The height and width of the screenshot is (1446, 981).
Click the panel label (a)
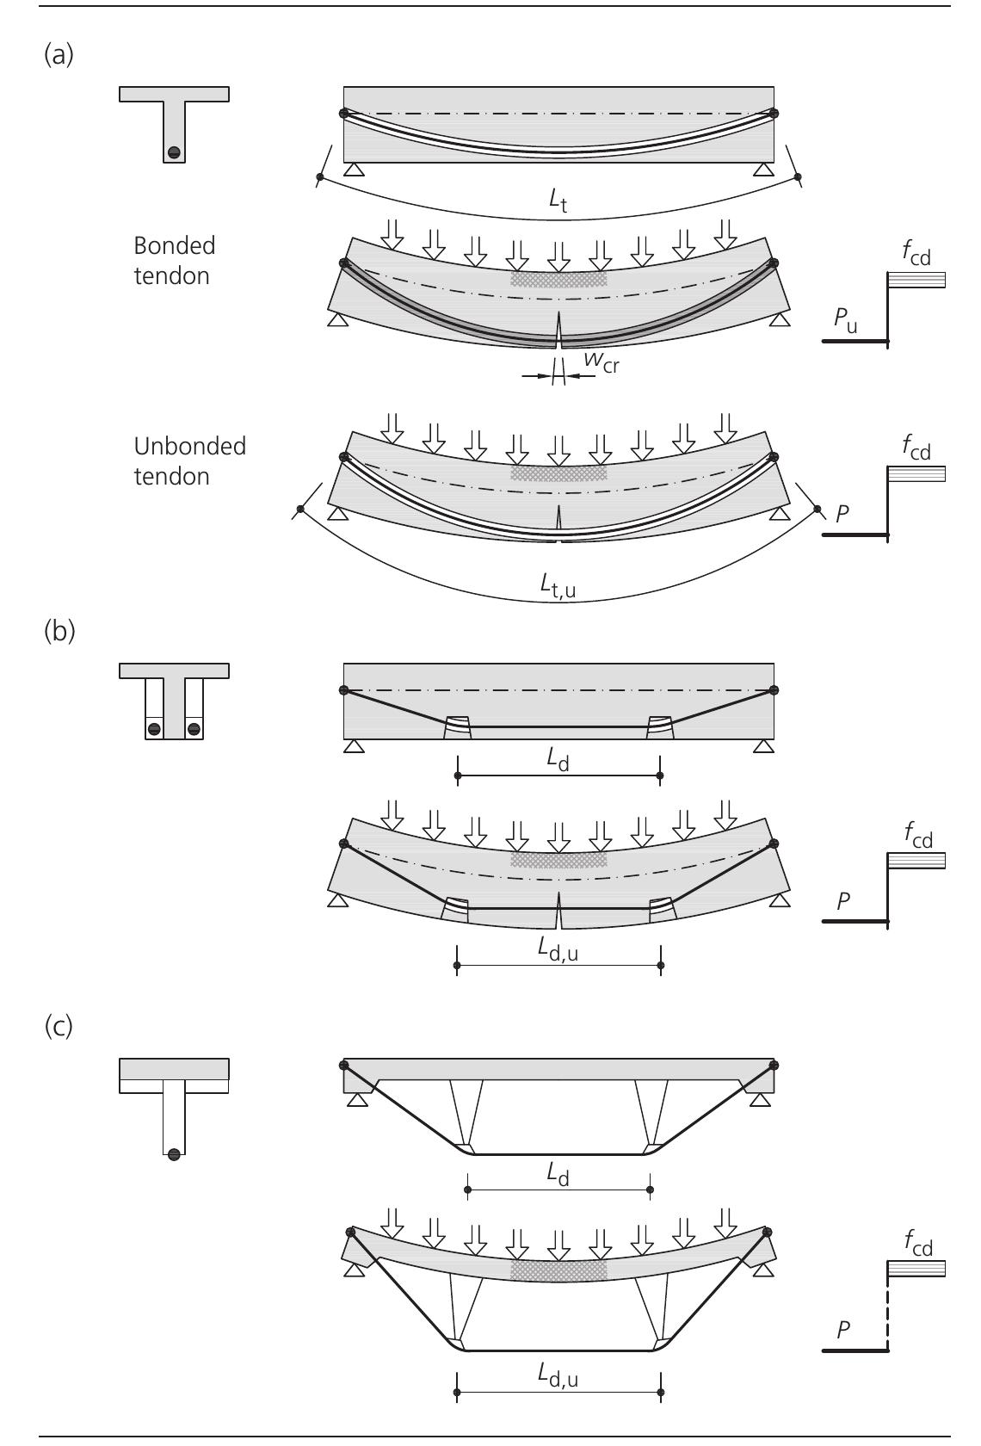coord(59,56)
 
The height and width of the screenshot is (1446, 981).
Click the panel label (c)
coord(59,1028)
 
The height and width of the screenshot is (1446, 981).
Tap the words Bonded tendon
coord(175,261)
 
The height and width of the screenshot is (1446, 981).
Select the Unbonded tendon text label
coord(189,460)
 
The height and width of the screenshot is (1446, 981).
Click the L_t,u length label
coord(558,585)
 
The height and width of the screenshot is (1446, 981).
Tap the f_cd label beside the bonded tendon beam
coord(916,256)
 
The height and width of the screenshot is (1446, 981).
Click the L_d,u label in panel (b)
coord(558,949)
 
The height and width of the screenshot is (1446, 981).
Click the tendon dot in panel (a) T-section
coord(174,152)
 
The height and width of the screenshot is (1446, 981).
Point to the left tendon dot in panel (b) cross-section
coord(154,729)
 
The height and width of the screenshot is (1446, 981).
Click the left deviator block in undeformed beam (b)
coord(458,727)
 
